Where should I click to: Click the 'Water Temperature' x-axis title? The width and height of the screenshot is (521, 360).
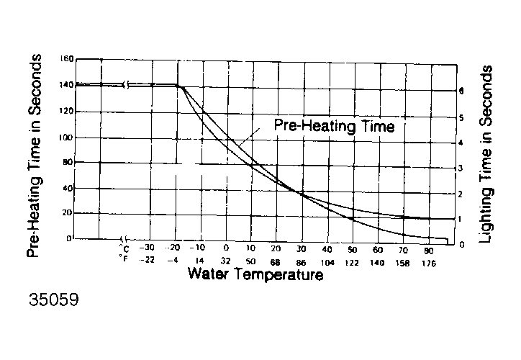(x=255, y=274)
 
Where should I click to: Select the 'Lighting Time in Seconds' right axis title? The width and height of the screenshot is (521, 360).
(x=487, y=153)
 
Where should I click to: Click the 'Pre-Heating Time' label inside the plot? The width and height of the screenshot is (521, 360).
(x=334, y=126)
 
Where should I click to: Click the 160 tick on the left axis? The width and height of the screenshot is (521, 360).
(x=67, y=59)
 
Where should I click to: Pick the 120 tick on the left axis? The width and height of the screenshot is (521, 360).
(x=67, y=112)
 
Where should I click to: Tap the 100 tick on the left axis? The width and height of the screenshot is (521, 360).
(x=67, y=138)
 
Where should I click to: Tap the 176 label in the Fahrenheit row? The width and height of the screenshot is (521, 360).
(x=429, y=261)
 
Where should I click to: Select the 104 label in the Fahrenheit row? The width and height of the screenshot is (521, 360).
(x=327, y=261)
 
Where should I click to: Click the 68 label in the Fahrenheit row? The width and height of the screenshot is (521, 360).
(x=276, y=261)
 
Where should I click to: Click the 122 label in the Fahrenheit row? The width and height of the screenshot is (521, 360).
(x=353, y=261)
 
